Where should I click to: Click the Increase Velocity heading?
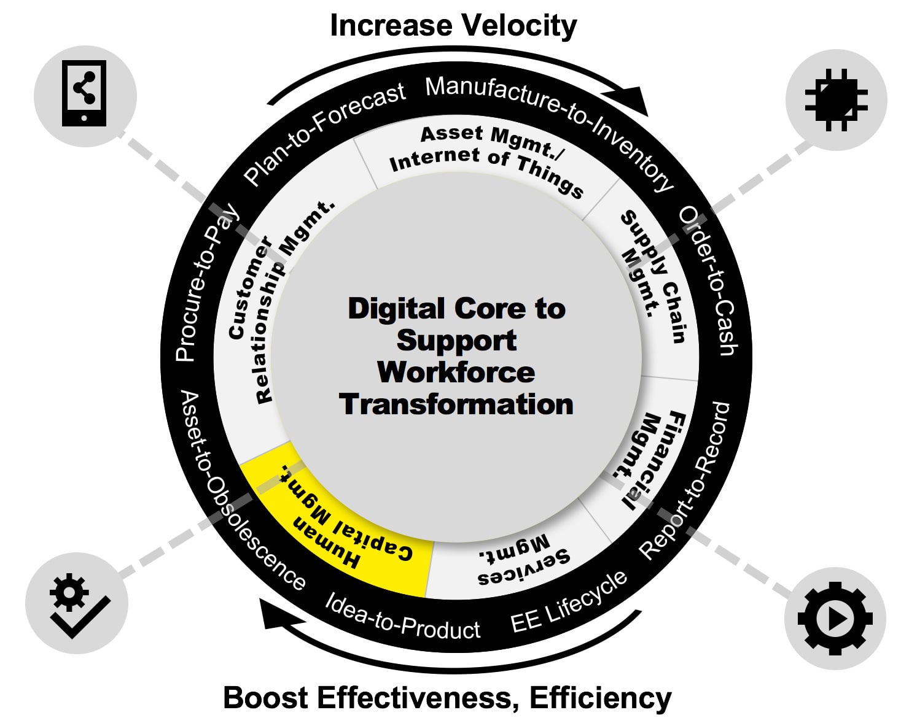pos(453,26)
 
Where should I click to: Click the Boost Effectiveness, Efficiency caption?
pos(447,698)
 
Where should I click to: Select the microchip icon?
pos(836,99)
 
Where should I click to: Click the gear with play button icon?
pos(835,619)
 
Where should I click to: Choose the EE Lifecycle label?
pos(569,601)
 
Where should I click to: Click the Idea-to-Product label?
pos(402,617)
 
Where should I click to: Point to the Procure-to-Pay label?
pos(206,282)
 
